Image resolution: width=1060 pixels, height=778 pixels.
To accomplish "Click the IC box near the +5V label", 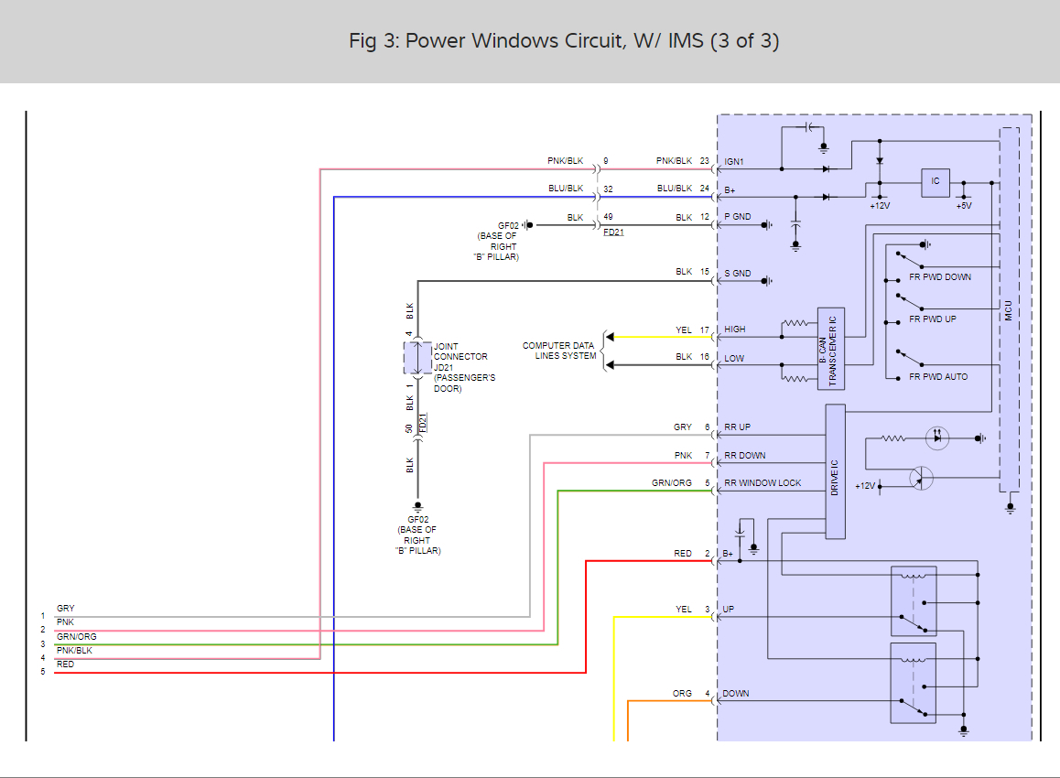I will [935, 182].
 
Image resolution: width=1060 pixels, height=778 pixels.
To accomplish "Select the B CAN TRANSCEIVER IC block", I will [831, 349].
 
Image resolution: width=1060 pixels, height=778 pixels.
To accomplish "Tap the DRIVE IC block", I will [835, 471].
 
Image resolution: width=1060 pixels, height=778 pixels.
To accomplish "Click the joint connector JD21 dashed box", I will [417, 358].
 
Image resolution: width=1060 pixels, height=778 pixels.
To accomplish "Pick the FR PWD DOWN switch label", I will [940, 276].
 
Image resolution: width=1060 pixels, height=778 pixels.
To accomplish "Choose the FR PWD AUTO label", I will [938, 377].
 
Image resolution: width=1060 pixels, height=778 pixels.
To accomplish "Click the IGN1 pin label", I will [735, 161].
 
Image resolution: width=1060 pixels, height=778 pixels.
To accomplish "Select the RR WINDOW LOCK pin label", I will [763, 483].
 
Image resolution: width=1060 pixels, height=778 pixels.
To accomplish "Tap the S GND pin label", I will [738, 273].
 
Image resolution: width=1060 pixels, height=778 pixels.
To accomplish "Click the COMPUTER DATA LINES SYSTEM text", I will [558, 351].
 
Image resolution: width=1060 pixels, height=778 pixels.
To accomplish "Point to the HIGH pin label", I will [735, 330].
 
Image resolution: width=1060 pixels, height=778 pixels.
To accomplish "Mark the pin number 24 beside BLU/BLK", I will [705, 189].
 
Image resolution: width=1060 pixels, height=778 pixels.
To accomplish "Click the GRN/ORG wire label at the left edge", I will [76, 636].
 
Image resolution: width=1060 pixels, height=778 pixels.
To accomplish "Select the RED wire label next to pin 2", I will [683, 554].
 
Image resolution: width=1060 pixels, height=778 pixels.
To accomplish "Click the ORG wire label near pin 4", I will [682, 694].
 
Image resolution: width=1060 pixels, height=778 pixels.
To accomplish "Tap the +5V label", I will [963, 206].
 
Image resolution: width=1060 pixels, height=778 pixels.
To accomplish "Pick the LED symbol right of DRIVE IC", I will [936, 438].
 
